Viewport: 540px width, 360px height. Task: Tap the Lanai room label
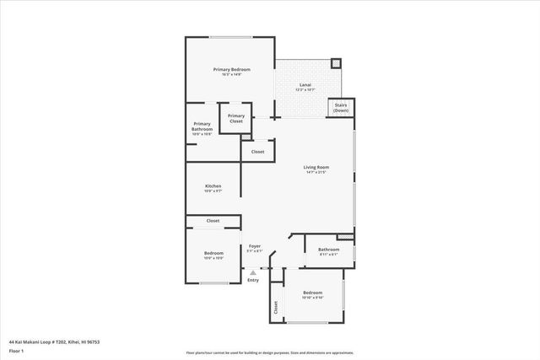coord(306,85)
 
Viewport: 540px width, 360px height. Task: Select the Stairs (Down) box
coord(341,109)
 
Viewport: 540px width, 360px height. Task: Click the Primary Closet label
coord(236,118)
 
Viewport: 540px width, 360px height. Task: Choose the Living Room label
coord(316,167)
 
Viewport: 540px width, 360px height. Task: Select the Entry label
coord(253,280)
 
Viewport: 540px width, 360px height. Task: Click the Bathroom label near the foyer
coord(328,249)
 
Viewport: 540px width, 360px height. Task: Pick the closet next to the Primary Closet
coord(257,152)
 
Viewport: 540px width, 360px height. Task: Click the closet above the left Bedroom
coord(213,221)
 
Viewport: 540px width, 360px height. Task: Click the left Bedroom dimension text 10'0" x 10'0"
coord(213,258)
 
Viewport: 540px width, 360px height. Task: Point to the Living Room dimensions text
coord(316,173)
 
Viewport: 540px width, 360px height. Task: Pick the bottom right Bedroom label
coord(312,293)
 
